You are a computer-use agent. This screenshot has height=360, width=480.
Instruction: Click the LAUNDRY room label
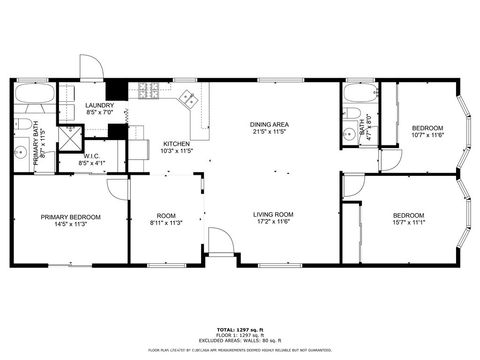pos(99,105)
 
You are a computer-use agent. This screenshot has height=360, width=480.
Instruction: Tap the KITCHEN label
pos(177,143)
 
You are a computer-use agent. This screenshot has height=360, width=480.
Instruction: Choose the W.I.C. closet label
pos(90,155)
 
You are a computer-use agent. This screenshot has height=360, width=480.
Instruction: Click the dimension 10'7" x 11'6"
pos(427,135)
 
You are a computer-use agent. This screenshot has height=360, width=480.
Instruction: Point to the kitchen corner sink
pos(186,98)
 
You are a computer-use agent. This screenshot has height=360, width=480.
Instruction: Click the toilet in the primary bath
pos(21,126)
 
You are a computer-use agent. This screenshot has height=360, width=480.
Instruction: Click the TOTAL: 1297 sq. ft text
pos(239,329)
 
